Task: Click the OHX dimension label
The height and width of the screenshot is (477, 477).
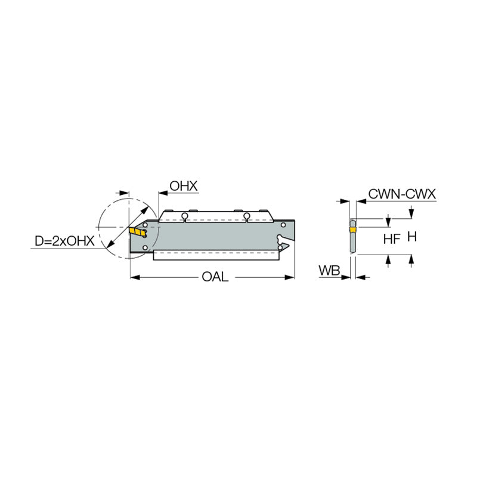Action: [183, 186]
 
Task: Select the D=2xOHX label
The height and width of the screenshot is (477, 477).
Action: [64, 241]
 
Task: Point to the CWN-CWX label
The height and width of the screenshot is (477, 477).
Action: [402, 194]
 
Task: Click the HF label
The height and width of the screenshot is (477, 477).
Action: [391, 238]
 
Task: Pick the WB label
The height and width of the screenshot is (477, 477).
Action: [329, 271]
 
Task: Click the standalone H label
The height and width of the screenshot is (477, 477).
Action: [411, 237]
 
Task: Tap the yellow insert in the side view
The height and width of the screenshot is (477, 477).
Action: [138, 232]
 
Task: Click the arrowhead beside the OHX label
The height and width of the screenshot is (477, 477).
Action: [162, 193]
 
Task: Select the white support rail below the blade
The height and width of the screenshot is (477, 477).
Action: [216, 255]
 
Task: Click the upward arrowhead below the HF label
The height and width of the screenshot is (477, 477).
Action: [389, 259]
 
